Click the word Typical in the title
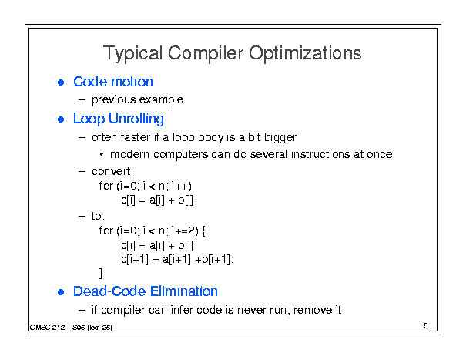[x=132, y=53]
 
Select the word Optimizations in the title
[x=305, y=53]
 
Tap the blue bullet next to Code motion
[x=61, y=82]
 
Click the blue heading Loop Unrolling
[x=119, y=119]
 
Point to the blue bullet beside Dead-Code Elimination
[x=61, y=292]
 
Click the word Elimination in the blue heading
[x=183, y=291]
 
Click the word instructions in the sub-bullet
[x=320, y=154]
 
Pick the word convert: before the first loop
[x=112, y=171]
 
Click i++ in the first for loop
[x=181, y=186]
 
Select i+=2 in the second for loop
[x=183, y=230]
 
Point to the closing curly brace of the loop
[x=101, y=273]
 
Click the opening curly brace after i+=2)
[x=203, y=231]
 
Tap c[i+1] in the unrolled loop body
[x=135, y=260]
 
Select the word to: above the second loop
[x=98, y=216]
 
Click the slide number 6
[x=426, y=326]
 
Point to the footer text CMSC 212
[x=47, y=328]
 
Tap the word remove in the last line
[x=313, y=311]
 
